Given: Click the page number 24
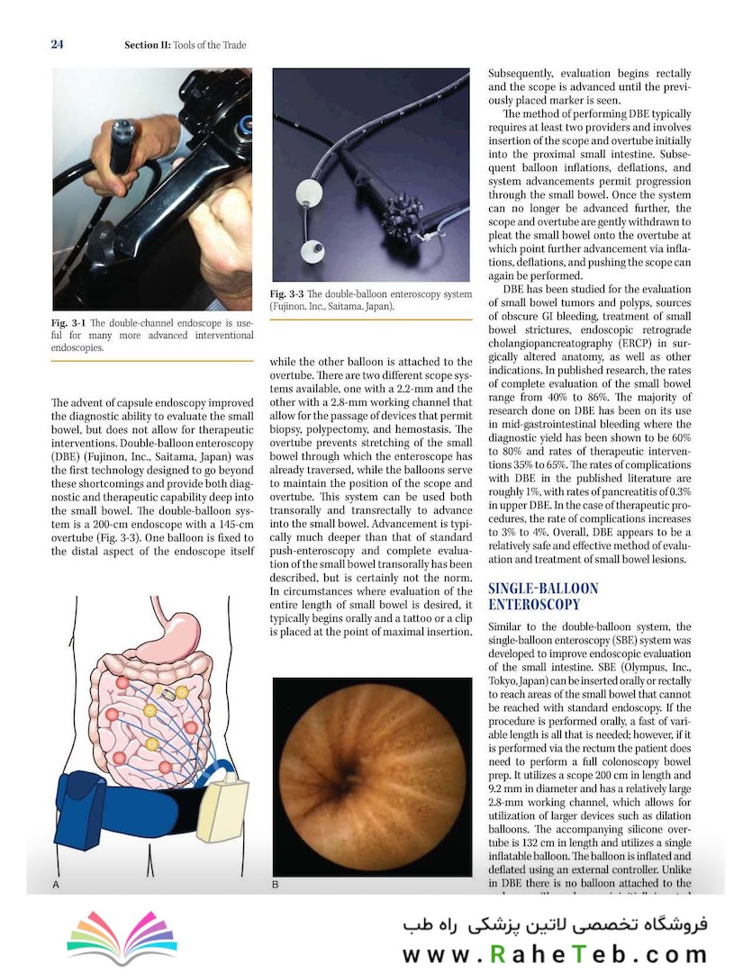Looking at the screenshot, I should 57,44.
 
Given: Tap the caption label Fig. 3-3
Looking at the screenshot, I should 289,294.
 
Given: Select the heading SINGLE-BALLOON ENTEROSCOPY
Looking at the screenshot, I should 542,597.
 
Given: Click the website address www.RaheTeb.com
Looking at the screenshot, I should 554,954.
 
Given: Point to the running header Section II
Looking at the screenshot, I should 185,45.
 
